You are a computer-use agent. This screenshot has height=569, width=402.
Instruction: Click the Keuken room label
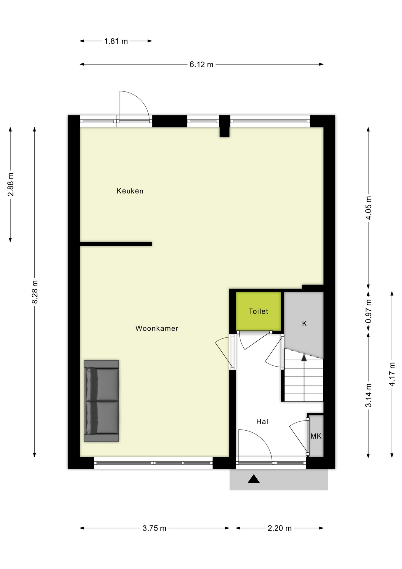(130, 191)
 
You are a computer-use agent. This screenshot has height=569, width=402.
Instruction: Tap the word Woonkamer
(157, 328)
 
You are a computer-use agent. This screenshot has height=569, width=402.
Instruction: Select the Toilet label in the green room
(258, 311)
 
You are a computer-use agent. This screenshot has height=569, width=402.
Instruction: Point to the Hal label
(262, 421)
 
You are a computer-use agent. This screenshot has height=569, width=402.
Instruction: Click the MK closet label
(316, 436)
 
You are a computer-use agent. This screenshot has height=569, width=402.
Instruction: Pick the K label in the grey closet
(304, 324)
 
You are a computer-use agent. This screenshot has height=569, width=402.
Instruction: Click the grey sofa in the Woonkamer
(102, 401)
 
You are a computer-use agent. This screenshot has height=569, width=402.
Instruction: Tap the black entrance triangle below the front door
(254, 479)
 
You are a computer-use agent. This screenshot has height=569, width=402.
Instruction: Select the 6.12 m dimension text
(201, 65)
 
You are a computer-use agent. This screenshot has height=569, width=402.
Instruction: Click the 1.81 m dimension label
(116, 41)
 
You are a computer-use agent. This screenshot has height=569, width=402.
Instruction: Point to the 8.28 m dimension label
(35, 292)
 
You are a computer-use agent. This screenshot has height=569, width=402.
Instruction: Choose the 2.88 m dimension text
(11, 184)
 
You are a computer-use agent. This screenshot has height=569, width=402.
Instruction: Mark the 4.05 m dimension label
(369, 208)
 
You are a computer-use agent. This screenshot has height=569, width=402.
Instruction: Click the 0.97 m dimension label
(369, 311)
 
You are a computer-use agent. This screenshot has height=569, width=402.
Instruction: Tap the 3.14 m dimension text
(369, 395)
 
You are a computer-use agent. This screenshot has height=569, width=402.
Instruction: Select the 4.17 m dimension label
(392, 374)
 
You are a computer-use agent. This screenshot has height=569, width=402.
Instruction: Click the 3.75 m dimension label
(154, 528)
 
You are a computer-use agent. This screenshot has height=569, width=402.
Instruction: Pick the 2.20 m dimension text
(279, 528)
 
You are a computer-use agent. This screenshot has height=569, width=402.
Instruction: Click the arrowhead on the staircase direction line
(304, 357)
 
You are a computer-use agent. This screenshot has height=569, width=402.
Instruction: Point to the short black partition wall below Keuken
(116, 244)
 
